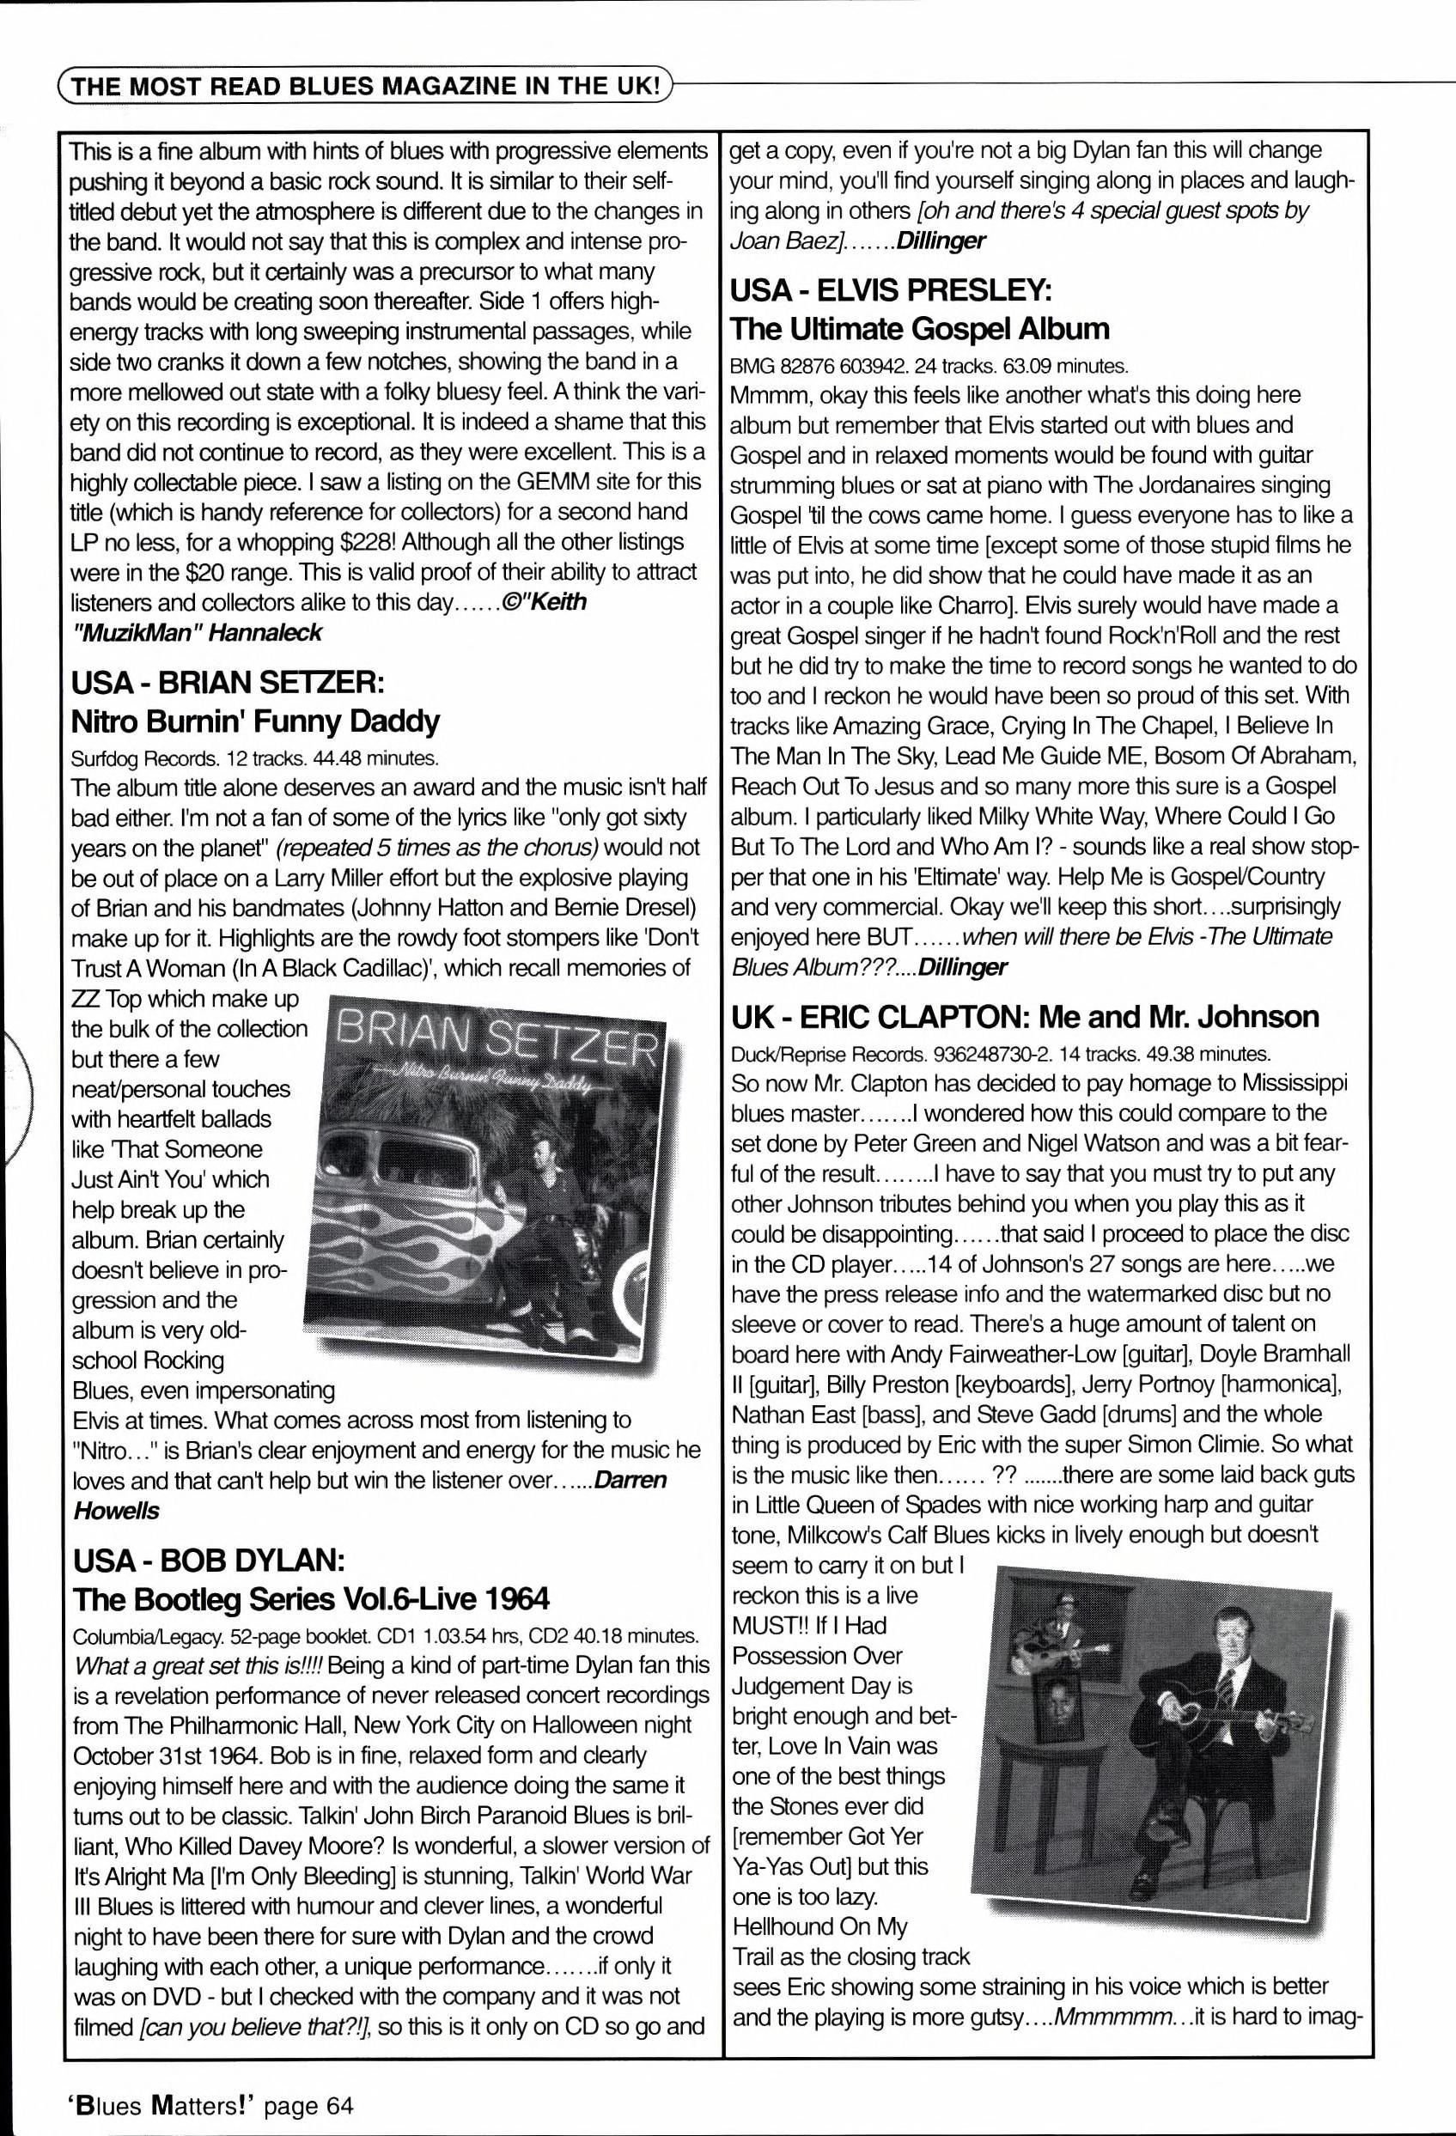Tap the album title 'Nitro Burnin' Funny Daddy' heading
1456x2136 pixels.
click(255, 722)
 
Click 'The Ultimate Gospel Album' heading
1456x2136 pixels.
click(919, 329)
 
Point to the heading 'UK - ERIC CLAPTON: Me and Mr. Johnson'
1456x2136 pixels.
click(1024, 1018)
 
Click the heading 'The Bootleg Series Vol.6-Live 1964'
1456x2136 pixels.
click(311, 1600)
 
